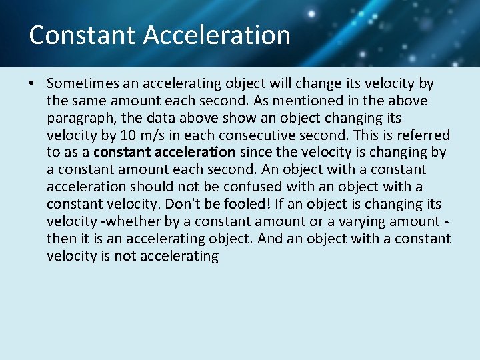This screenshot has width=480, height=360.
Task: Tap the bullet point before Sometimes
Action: point(32,84)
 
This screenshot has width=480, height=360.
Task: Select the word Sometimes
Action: point(83,84)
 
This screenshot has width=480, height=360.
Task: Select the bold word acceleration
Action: point(197,153)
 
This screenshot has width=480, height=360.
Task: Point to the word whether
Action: point(125,222)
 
